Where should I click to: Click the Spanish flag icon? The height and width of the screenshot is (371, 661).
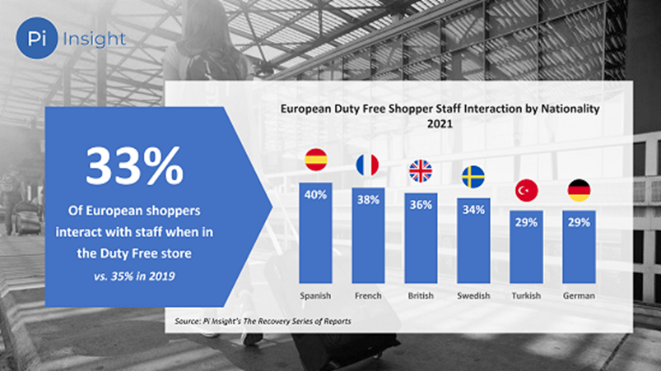click(x=316, y=160)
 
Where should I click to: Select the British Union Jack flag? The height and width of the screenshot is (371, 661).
click(x=421, y=171)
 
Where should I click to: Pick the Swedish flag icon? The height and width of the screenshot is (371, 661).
click(x=472, y=176)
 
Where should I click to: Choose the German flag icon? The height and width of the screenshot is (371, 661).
click(x=579, y=191)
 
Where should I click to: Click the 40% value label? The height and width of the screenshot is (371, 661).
click(x=316, y=195)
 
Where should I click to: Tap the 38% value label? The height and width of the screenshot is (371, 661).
click(x=368, y=200)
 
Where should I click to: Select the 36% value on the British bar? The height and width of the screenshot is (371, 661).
click(x=421, y=206)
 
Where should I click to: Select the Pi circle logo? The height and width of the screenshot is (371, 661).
click(x=37, y=38)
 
